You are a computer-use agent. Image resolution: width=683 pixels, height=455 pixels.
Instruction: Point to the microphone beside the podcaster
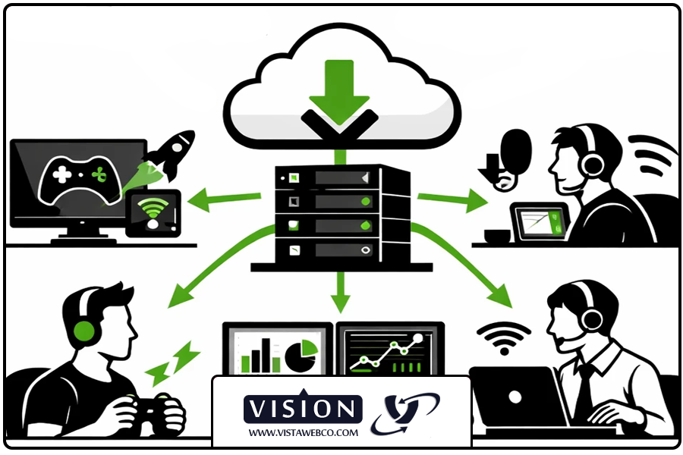515,148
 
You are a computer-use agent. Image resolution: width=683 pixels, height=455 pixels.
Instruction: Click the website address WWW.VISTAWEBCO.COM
302,432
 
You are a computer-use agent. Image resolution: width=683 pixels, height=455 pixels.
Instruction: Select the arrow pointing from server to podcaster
452,200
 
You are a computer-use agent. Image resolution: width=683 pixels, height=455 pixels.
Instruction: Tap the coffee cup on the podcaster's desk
496,236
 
